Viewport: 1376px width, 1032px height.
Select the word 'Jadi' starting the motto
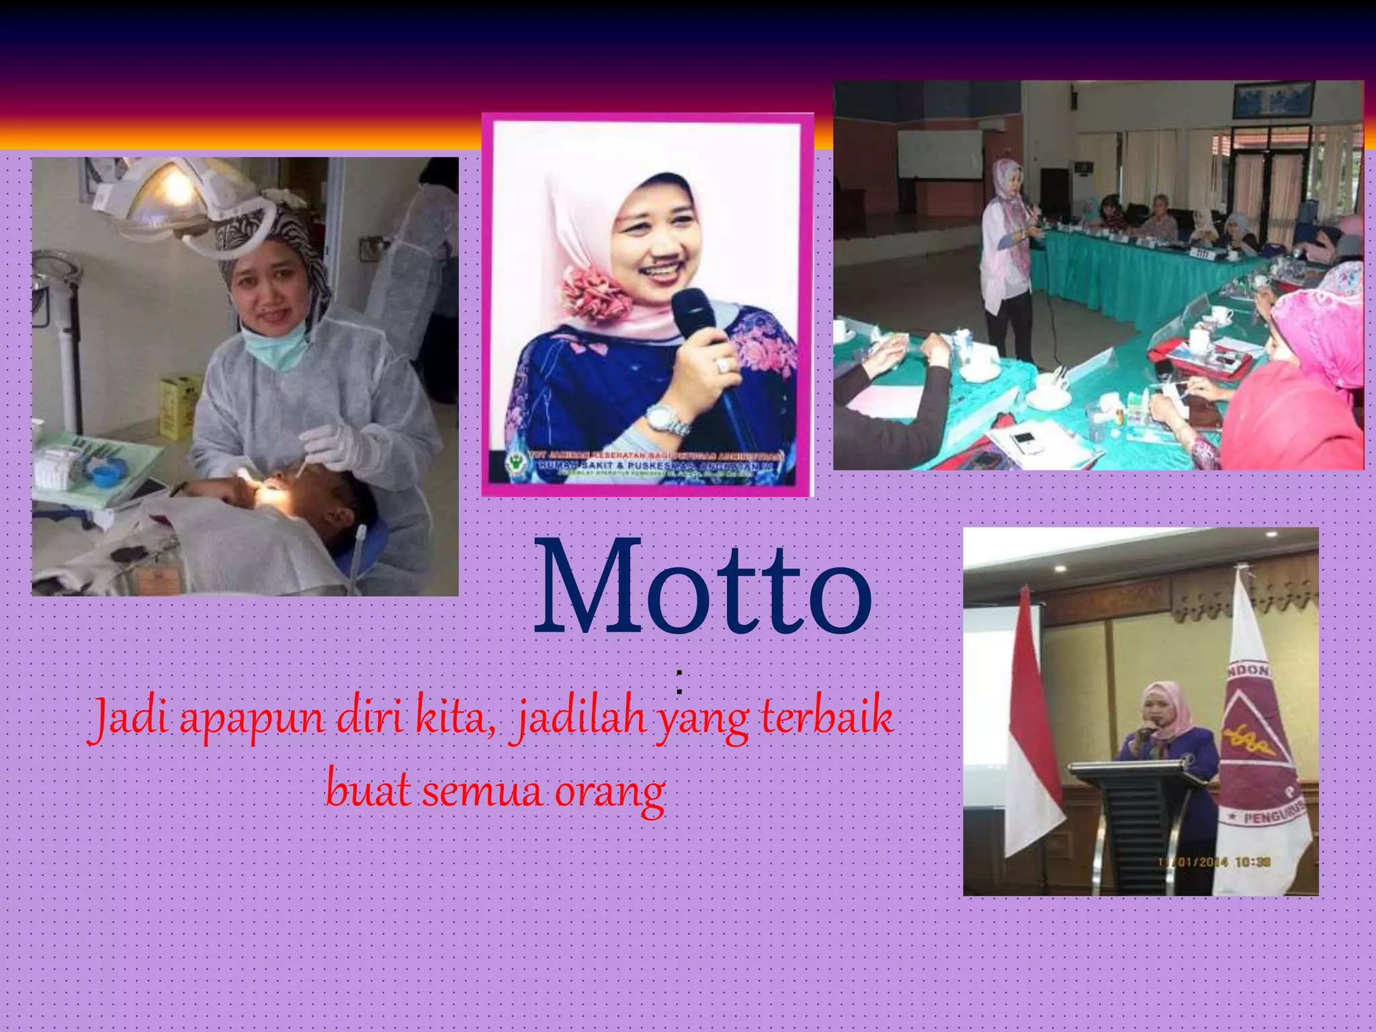click(126, 719)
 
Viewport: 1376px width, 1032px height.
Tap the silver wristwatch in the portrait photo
click(666, 419)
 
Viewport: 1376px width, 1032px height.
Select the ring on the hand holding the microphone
click(722, 365)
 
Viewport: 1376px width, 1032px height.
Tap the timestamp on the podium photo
click(1213, 862)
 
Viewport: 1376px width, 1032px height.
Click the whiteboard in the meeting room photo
click(939, 154)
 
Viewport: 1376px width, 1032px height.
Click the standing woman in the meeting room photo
click(1006, 262)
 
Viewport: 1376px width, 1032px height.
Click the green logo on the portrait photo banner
click(515, 464)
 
